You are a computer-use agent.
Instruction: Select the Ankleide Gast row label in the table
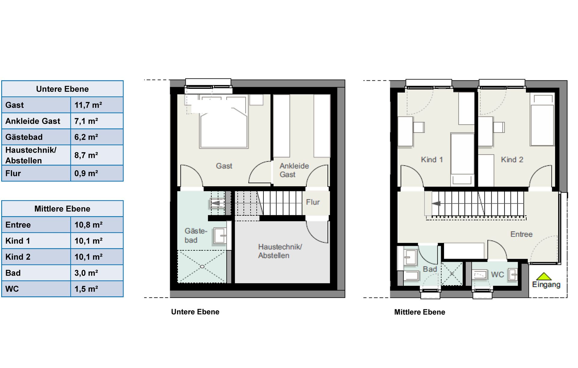(33, 121)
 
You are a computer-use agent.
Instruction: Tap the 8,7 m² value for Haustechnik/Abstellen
(86, 155)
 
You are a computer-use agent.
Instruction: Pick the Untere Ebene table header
(62, 89)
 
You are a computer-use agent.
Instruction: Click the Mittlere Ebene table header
(62, 209)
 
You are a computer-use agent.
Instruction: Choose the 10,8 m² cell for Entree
(89, 225)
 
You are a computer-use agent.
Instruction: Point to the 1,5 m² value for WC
(86, 289)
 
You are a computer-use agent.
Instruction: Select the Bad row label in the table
(13, 273)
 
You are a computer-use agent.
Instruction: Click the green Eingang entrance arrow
(544, 276)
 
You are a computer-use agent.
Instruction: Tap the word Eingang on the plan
(546, 285)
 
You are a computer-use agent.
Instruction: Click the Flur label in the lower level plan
(313, 202)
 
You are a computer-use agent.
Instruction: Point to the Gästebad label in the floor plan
(196, 236)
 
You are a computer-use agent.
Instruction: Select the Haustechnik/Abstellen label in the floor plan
(280, 251)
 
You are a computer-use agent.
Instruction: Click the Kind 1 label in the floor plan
(432, 159)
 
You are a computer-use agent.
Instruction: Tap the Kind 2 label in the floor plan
(512, 159)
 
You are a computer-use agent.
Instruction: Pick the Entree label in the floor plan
(521, 234)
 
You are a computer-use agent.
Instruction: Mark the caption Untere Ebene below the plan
(195, 312)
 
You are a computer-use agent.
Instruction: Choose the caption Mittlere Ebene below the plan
(420, 312)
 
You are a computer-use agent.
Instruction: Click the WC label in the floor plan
(497, 274)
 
